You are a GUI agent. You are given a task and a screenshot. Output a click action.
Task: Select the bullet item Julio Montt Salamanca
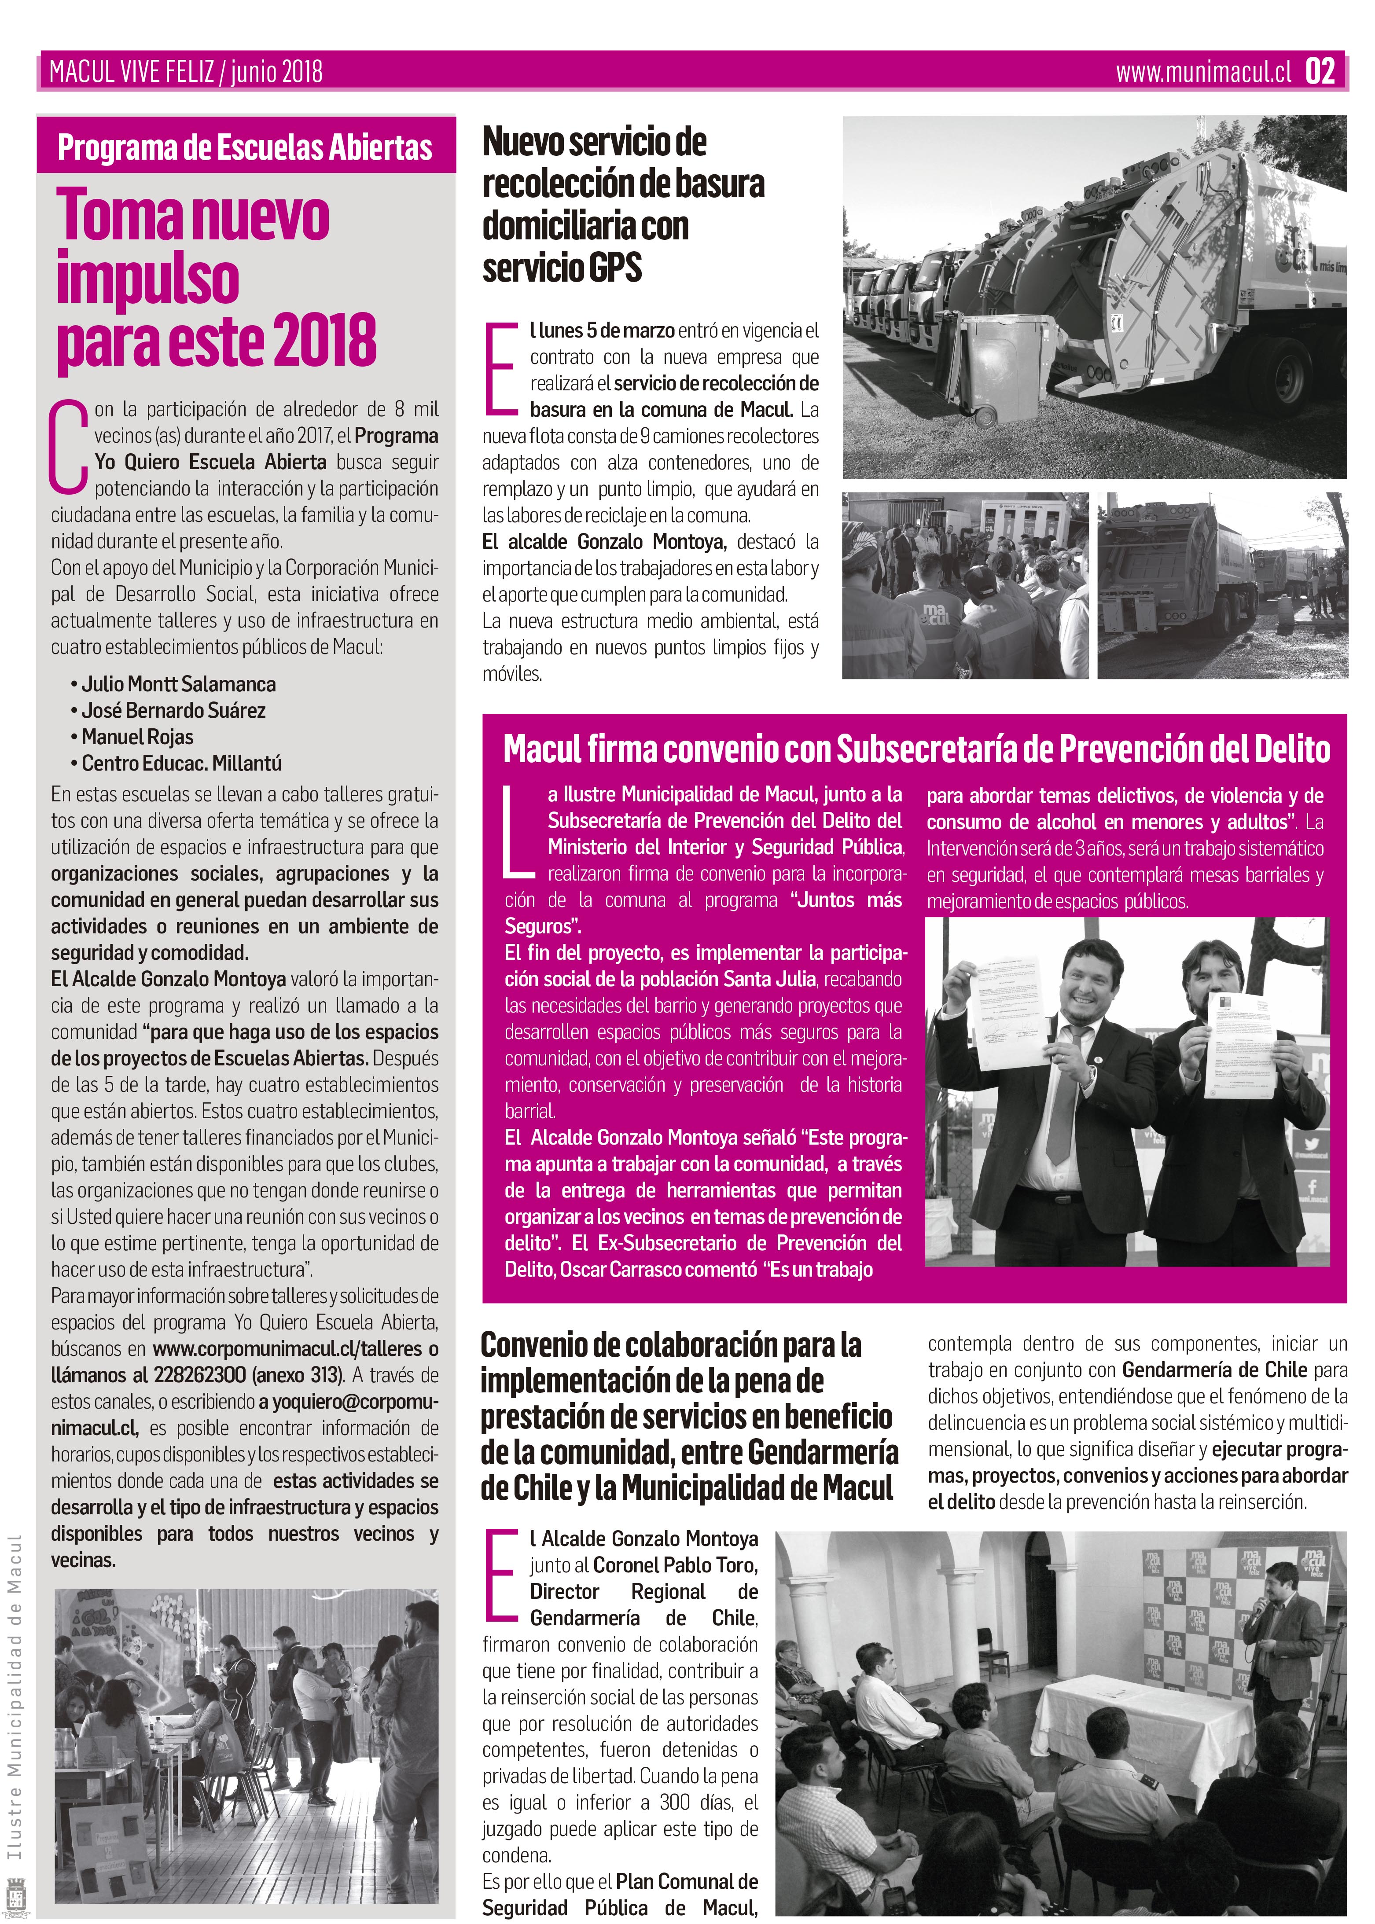point(178,684)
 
